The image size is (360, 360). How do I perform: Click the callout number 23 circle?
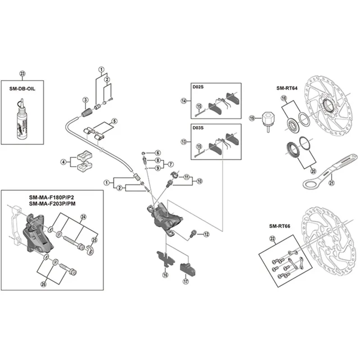23,74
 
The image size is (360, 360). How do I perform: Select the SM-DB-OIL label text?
22,89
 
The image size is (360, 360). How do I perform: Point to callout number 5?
114,121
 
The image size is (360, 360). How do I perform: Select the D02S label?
198,86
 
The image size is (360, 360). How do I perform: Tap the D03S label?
198,128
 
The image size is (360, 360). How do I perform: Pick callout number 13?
183,142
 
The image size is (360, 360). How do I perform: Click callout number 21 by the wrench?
332,182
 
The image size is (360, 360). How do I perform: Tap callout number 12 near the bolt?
206,234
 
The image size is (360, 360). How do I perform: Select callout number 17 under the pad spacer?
185,283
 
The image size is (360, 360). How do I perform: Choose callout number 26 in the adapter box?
44,284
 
